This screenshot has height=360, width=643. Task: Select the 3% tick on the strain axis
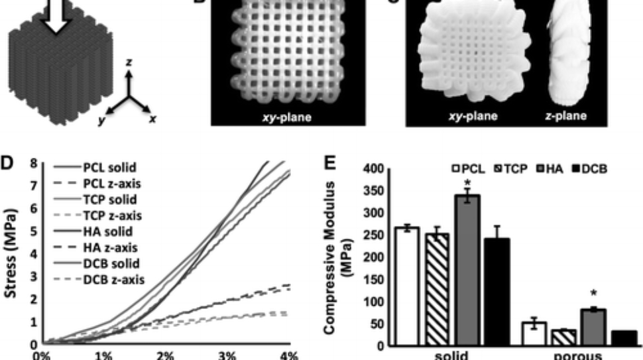(x=227, y=355)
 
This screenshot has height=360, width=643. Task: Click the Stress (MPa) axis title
(x=11, y=253)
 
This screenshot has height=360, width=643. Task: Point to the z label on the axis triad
(x=130, y=62)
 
